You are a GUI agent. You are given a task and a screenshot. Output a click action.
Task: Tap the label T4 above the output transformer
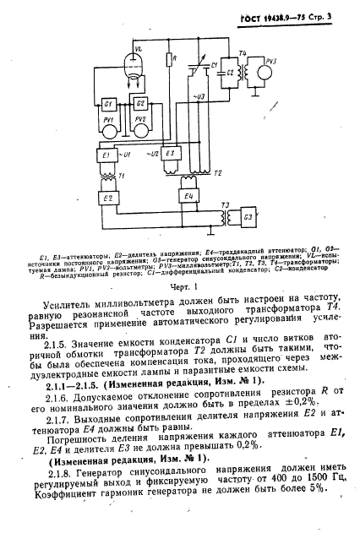point(243,54)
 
